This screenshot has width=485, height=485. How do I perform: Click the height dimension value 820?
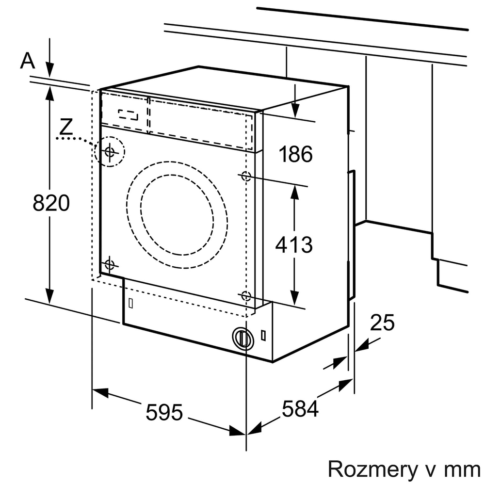pos(51,203)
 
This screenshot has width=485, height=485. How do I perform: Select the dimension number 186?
pos(295,154)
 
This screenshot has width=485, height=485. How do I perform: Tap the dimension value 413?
pos(294,244)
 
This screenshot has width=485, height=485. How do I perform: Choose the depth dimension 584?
pos(301,408)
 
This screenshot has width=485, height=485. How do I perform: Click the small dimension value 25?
pos(382,323)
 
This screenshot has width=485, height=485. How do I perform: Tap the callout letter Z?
pos(66,127)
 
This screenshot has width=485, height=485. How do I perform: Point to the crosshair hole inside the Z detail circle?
pos(110,152)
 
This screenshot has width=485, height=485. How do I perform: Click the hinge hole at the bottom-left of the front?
pos(110,265)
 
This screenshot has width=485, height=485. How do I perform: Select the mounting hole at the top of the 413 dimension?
pos(246,176)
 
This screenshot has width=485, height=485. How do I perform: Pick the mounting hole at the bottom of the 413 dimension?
pos(246,296)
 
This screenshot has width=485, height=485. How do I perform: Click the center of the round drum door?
pos(177,214)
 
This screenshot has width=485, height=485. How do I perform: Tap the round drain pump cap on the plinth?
pos(242,337)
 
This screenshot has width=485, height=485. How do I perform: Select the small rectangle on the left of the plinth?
pos(130,302)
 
